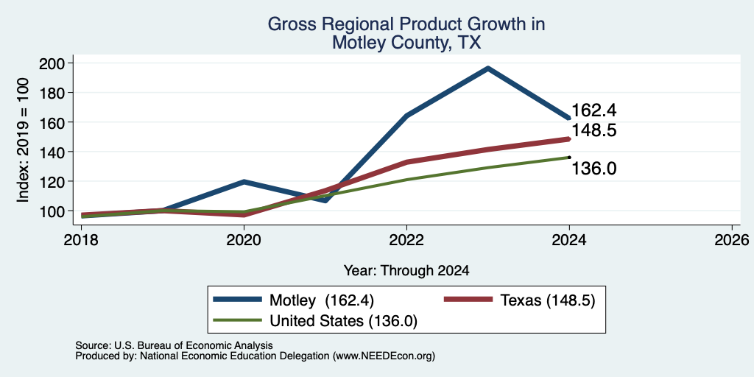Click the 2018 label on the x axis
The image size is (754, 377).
click(81, 239)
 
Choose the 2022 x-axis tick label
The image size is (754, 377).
click(406, 239)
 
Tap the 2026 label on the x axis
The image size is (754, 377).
click(732, 239)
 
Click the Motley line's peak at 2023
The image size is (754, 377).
click(488, 68)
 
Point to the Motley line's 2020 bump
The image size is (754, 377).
click(244, 182)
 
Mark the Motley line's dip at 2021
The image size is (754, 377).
click(325, 200)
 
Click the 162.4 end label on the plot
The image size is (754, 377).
click(594, 110)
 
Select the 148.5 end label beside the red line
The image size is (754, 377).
click(594, 130)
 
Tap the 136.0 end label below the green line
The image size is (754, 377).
click(594, 169)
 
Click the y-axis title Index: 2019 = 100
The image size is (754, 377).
click(23, 140)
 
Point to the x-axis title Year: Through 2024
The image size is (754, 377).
click(406, 271)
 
